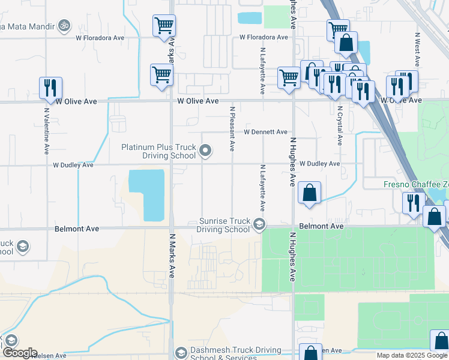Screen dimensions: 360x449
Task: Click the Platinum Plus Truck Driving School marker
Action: coord(205,151)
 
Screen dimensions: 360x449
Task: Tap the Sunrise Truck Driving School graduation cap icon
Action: coord(259,224)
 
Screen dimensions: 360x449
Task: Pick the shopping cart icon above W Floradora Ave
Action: coord(164,26)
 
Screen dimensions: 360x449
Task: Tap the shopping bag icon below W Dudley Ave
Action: coord(309,193)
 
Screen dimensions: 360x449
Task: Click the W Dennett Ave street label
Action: coord(265,132)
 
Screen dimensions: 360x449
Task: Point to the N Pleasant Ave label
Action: coord(232,128)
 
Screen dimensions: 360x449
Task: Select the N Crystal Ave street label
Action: coord(339,127)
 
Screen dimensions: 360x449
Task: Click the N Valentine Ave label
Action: coord(46,131)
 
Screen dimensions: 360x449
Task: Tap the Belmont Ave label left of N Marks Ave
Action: coord(76,229)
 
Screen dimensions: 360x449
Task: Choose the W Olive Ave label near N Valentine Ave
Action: coord(76,101)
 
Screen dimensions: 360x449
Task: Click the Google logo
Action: coord(19,353)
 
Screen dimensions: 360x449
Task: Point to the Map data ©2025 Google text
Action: coord(411,355)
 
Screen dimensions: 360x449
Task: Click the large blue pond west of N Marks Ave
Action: coord(147,193)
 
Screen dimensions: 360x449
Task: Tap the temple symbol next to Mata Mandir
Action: coord(64,26)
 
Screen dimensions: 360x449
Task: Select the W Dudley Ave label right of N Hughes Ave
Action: coord(319,164)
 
